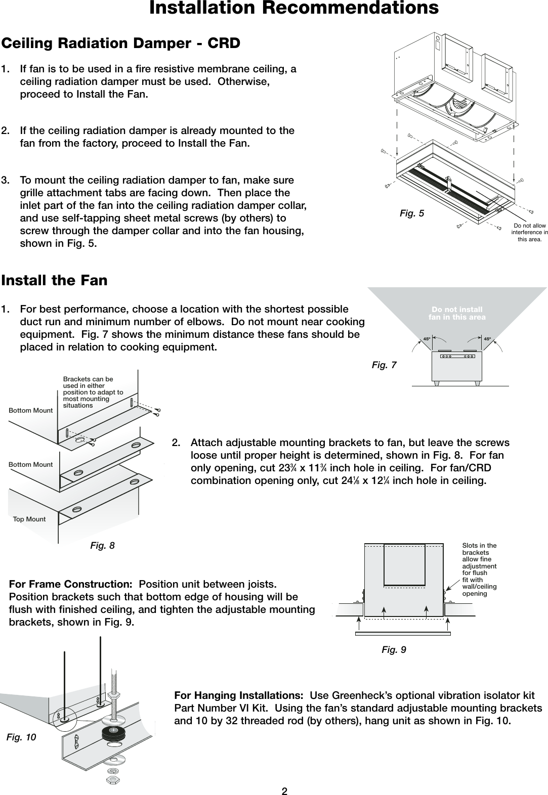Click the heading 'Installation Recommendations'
point(293,9)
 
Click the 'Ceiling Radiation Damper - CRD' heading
point(121,43)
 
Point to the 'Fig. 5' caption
point(412,213)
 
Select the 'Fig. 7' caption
point(384,365)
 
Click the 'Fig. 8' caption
point(102,545)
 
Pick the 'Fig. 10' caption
point(21,737)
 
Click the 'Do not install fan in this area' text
point(457,313)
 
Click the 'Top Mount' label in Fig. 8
point(29,519)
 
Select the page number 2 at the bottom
point(284,791)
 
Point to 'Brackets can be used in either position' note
point(93,392)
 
